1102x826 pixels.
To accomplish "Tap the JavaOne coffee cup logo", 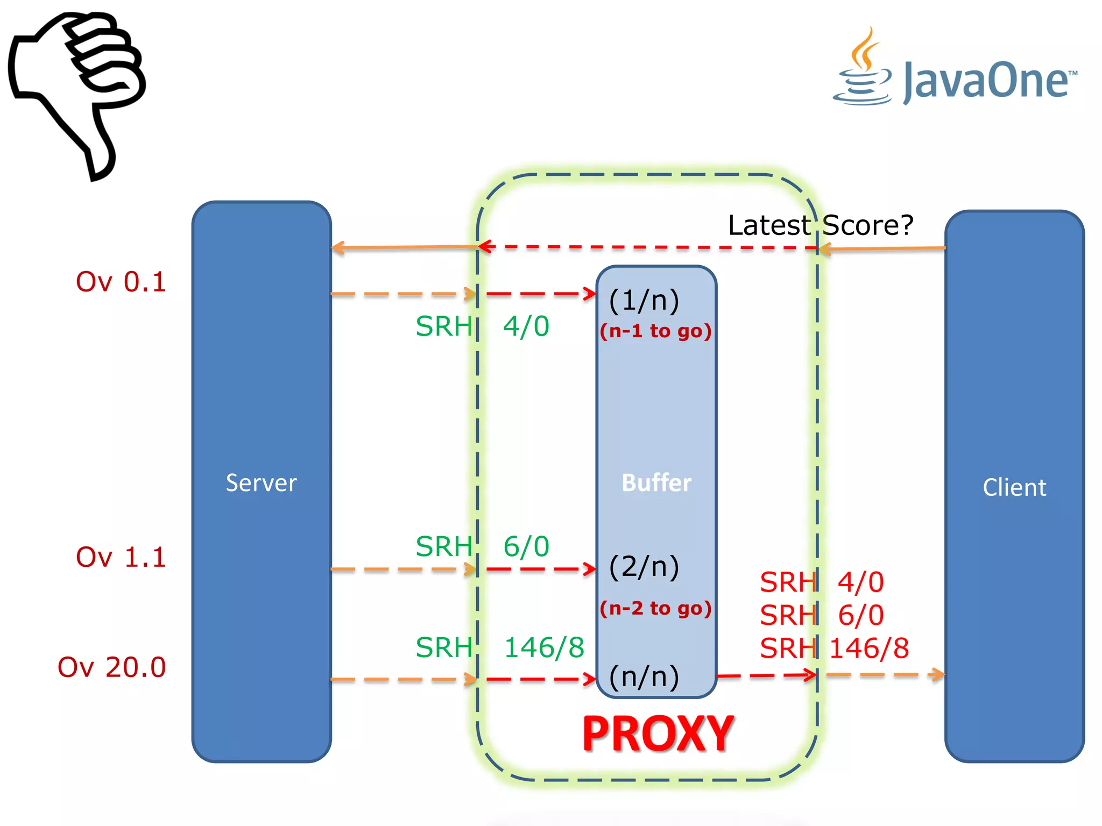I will click(x=863, y=70).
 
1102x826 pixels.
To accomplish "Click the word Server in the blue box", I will click(x=261, y=483).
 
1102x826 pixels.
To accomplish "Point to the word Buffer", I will click(x=656, y=482).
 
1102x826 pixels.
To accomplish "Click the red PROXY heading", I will click(x=658, y=734).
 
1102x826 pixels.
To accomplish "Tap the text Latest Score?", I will click(x=821, y=225).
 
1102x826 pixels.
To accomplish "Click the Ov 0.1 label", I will click(x=121, y=282).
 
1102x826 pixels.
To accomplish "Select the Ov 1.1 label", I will click(x=121, y=557).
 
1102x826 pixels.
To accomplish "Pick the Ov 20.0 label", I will click(x=112, y=667).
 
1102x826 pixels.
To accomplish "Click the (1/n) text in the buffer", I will click(x=644, y=300).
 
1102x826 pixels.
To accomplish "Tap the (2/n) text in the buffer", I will click(x=644, y=566).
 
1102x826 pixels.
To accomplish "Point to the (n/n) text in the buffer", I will click(x=644, y=677).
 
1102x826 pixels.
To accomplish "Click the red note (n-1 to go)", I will click(x=656, y=331).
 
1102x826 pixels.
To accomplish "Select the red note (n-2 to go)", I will click(x=656, y=608).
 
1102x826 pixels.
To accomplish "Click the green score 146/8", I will click(x=545, y=647).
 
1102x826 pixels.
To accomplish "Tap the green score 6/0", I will click(x=526, y=547).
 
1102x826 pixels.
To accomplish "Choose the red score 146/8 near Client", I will click(x=869, y=649).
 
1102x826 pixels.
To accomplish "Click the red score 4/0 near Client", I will click(x=861, y=582).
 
